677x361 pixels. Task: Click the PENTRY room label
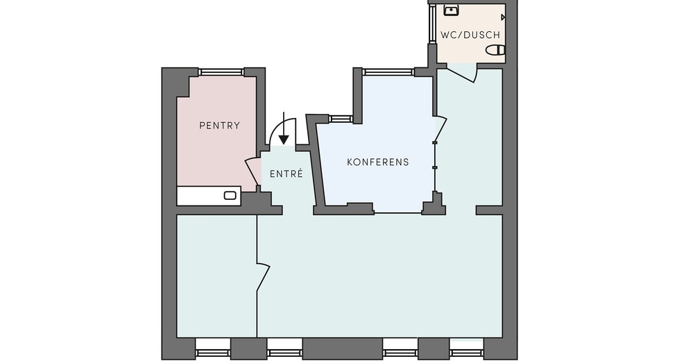tap(219, 126)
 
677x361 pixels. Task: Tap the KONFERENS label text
tap(378, 162)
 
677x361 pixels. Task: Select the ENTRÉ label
tap(286, 174)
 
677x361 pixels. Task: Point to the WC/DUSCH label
tap(470, 35)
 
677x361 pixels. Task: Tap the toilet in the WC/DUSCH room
tap(495, 50)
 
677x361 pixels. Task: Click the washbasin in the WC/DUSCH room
tap(451, 10)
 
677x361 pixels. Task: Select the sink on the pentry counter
tap(230, 195)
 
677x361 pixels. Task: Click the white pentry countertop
tap(209, 196)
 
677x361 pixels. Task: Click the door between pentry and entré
tap(253, 172)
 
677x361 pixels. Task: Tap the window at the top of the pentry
tap(221, 72)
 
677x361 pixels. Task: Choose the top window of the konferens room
tap(388, 72)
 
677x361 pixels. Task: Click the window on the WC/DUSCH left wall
tap(432, 24)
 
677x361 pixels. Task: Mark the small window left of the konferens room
tap(341, 119)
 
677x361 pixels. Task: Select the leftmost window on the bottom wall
tap(212, 347)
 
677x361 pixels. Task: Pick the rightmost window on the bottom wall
tap(466, 347)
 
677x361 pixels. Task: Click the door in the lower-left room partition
tap(263, 277)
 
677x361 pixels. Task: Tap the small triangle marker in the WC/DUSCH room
tap(503, 17)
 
